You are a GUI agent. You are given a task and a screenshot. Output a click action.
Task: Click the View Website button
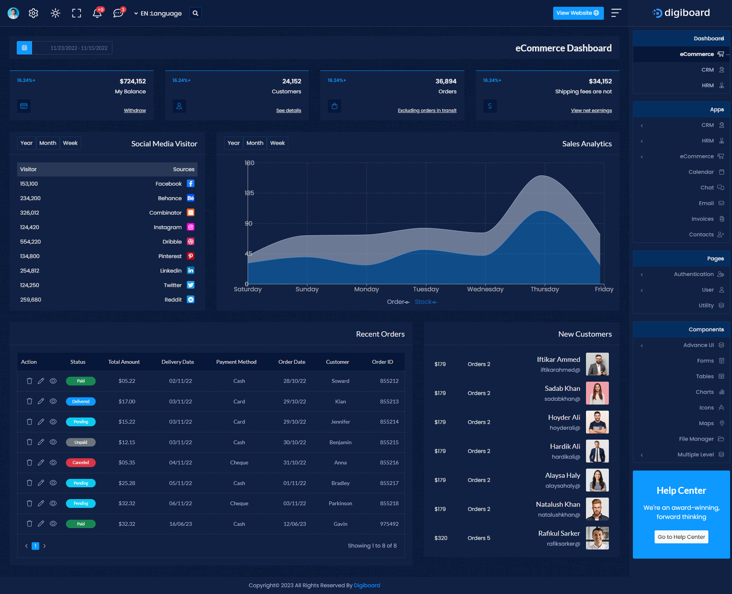(578, 13)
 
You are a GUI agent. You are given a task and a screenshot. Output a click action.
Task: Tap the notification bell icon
(97, 13)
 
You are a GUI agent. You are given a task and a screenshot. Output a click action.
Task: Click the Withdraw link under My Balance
(135, 110)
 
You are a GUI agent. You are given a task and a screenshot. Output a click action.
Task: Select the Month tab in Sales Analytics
(255, 143)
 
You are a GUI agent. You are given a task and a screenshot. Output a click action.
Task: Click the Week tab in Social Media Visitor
(70, 143)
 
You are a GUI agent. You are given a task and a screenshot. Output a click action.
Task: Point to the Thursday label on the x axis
(544, 289)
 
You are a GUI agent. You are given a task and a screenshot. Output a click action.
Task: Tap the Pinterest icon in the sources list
(191, 256)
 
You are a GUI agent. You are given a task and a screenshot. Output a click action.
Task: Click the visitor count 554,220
(31, 242)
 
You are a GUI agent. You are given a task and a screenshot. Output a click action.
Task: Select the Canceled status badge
(81, 463)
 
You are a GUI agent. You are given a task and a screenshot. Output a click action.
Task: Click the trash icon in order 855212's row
(29, 381)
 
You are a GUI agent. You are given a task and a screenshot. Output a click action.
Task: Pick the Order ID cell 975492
(389, 524)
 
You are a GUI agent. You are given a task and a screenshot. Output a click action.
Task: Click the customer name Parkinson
(340, 503)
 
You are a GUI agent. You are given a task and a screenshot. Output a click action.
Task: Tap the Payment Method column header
(236, 362)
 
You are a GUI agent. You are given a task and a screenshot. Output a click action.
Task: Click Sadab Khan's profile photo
(597, 393)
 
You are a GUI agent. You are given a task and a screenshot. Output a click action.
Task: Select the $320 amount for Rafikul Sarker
(441, 538)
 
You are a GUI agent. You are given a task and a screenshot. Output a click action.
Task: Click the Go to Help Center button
(681, 537)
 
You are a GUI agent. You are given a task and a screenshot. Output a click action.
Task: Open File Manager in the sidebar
(696, 439)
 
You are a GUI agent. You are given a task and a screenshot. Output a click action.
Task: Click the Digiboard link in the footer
(367, 585)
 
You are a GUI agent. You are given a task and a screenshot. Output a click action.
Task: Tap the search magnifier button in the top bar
(195, 13)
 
